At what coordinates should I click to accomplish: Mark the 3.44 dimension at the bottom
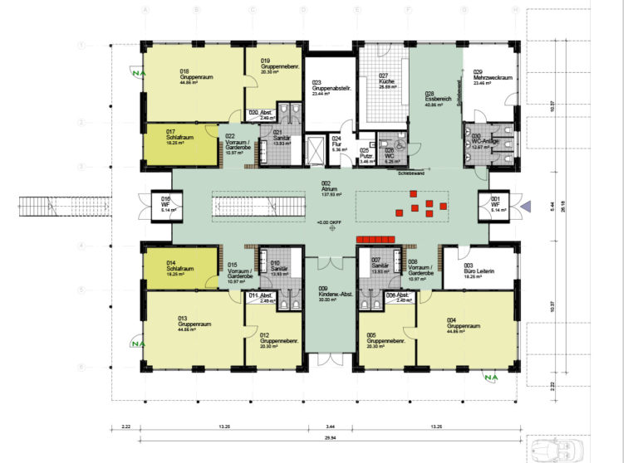point(330,426)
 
